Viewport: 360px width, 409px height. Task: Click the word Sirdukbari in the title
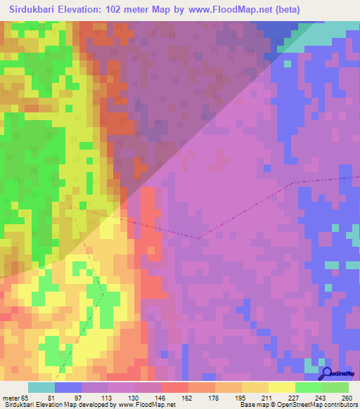coord(37,10)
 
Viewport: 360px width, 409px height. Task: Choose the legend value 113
coord(95,397)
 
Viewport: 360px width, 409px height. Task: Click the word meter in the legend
coord(11,397)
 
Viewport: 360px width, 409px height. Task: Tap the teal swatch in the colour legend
coord(41,387)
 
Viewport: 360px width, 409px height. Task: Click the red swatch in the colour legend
coord(174,387)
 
